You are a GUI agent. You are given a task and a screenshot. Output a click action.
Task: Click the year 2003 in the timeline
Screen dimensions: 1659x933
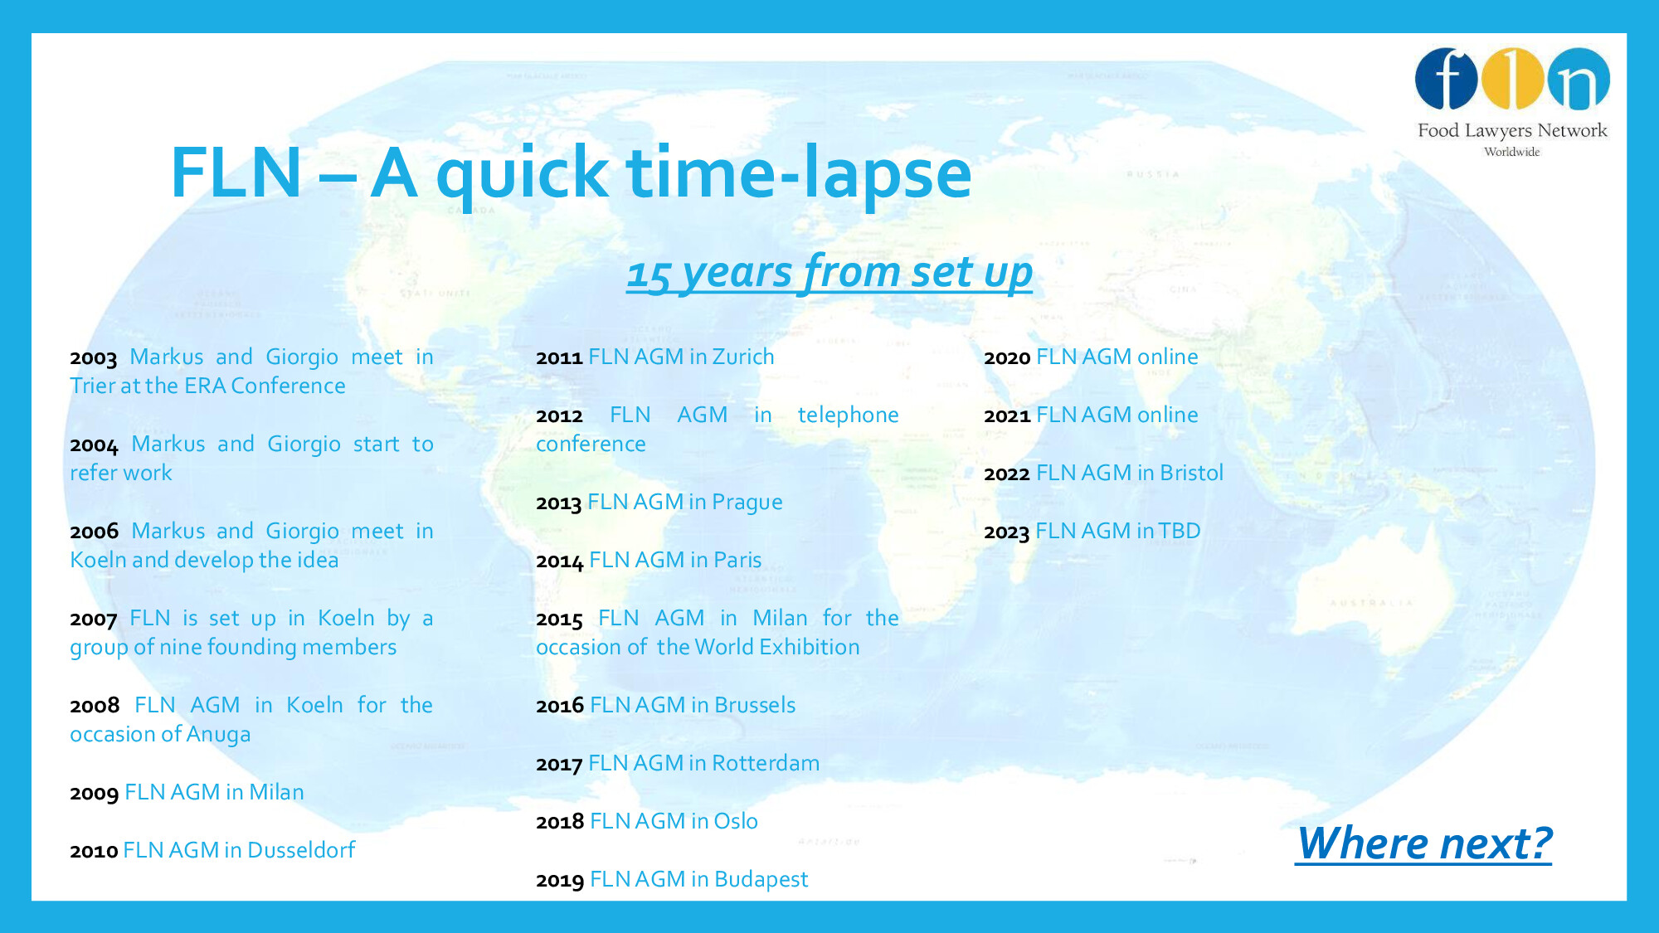tap(94, 358)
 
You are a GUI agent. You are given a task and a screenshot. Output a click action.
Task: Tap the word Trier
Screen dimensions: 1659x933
tap(92, 386)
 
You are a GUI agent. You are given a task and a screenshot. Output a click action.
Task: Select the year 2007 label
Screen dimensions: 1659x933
tap(94, 620)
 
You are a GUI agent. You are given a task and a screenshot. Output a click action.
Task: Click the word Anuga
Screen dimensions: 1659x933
tap(218, 735)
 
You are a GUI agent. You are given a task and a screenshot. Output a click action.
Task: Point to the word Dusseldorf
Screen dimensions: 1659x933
tap(301, 850)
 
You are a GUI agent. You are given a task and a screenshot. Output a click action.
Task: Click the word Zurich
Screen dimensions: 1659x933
tap(743, 357)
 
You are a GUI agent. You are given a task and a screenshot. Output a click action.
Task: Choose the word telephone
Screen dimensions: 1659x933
tap(848, 415)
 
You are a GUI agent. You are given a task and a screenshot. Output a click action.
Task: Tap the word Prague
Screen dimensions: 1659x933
tap(747, 503)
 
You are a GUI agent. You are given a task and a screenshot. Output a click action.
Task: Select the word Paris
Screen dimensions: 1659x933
tap(737, 560)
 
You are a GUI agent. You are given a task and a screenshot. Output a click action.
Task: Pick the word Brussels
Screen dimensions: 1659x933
tap(755, 705)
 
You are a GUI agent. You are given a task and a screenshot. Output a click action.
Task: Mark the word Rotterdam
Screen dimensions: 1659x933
tap(765, 763)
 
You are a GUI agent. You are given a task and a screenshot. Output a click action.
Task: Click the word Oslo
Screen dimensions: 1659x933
tap(736, 821)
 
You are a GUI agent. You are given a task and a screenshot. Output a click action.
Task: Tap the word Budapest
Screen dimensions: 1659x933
tap(761, 880)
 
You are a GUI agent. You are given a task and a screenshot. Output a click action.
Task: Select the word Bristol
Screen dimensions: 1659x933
tap(1192, 473)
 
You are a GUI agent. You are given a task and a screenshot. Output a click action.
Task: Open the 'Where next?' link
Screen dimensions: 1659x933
tap(1423, 844)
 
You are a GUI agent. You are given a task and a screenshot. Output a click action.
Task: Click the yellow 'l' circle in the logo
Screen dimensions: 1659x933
tap(1512, 80)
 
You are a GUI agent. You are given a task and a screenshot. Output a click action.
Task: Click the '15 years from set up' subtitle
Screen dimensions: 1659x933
tap(829, 273)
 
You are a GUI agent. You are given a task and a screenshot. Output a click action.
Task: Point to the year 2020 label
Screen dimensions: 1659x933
tap(1007, 358)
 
